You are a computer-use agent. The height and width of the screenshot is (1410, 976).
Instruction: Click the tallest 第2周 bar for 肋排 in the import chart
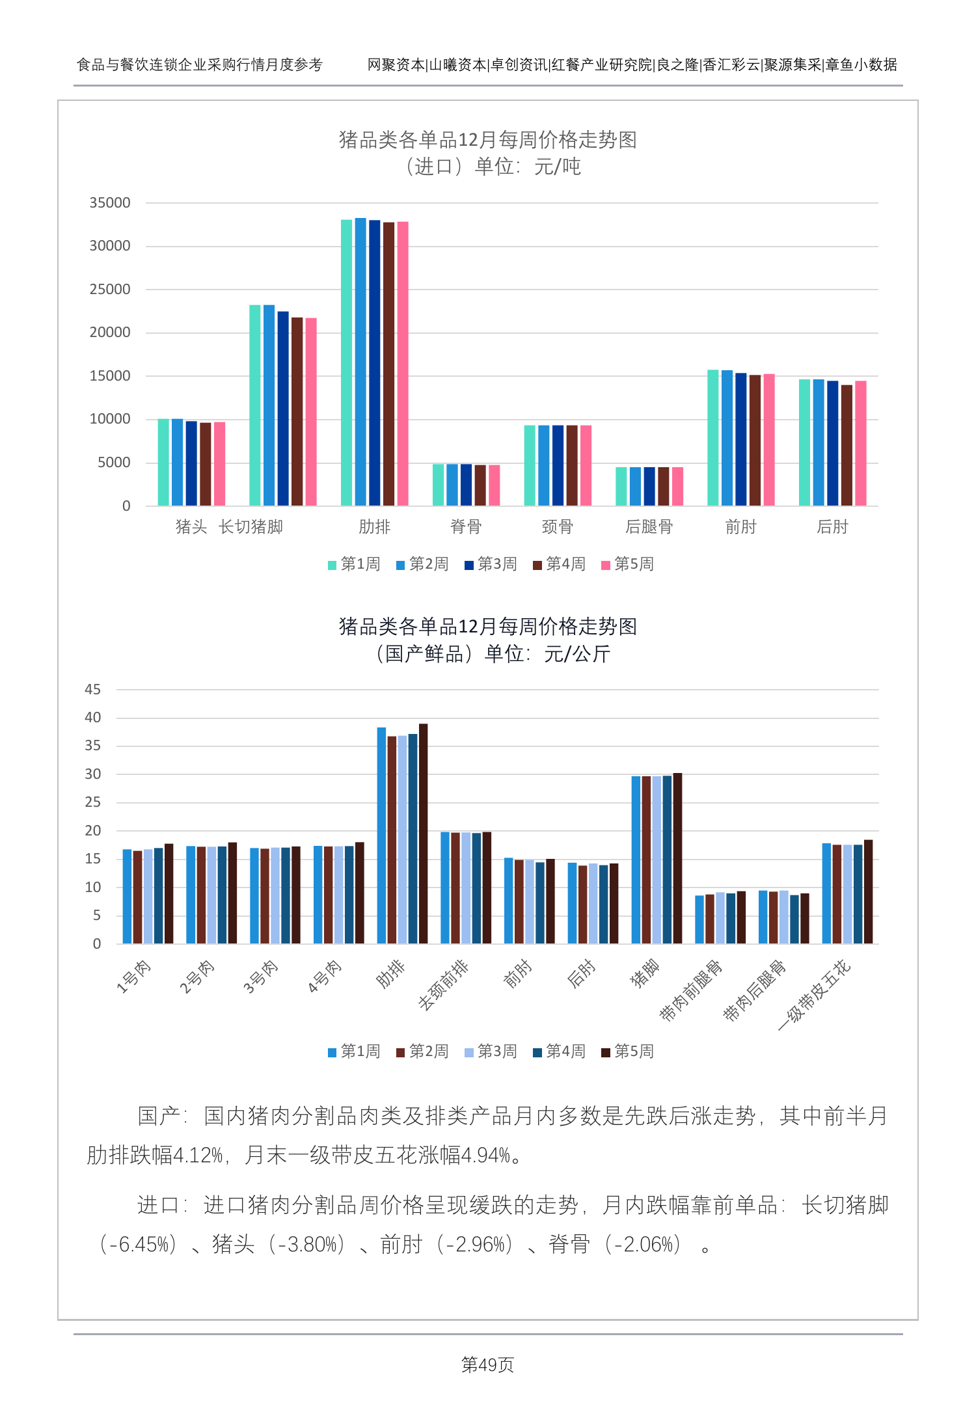click(x=360, y=362)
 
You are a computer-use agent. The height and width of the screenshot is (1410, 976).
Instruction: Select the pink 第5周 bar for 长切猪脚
click(x=311, y=412)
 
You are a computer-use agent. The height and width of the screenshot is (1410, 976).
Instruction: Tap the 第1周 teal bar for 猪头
click(x=163, y=463)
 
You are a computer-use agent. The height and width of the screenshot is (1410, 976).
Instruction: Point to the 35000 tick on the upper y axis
click(x=110, y=203)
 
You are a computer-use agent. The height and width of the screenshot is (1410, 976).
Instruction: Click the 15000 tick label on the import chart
click(x=110, y=376)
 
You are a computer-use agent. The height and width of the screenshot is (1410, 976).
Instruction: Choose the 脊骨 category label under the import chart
click(x=466, y=527)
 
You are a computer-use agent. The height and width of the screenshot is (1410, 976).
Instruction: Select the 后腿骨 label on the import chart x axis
click(x=649, y=527)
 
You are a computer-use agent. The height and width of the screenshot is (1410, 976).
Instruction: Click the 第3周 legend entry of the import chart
click(x=491, y=564)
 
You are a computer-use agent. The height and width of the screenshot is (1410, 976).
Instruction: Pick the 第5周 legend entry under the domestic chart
click(x=628, y=1051)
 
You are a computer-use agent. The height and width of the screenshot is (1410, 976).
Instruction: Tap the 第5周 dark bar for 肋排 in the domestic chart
click(x=424, y=834)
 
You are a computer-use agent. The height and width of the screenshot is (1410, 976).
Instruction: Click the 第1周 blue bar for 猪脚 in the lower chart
click(x=636, y=860)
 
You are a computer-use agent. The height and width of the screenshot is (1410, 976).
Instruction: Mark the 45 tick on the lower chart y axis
click(x=93, y=690)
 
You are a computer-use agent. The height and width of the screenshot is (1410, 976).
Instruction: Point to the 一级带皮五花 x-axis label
click(x=815, y=994)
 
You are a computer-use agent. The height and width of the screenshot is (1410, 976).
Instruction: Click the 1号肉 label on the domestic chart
click(x=133, y=977)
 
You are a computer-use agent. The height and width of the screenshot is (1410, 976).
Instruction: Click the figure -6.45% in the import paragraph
click(x=142, y=1245)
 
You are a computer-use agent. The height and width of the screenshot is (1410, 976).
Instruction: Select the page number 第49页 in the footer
click(x=487, y=1364)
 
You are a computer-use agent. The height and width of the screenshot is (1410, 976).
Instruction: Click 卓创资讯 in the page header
click(x=519, y=65)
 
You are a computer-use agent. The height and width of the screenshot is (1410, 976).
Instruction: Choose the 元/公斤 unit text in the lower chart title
click(x=577, y=654)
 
